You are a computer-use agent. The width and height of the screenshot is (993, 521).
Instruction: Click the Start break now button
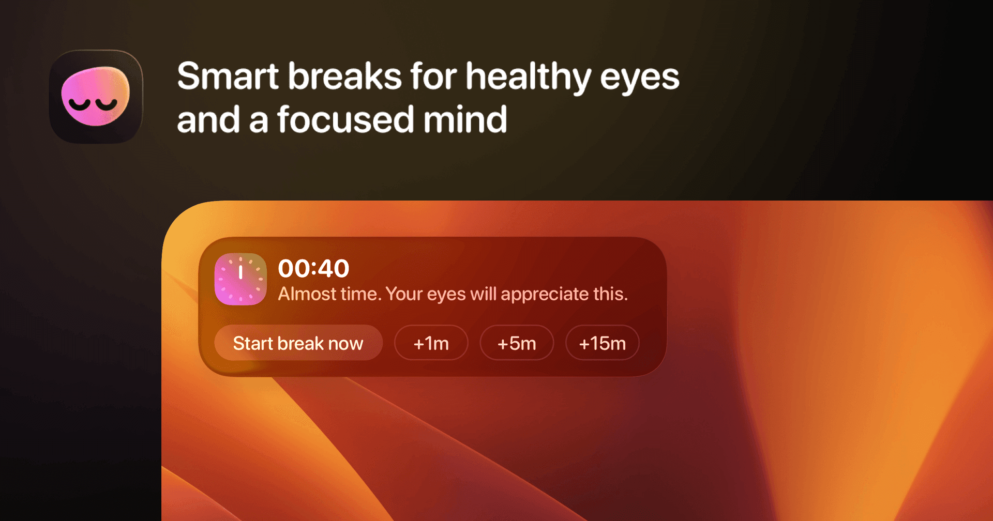(298, 343)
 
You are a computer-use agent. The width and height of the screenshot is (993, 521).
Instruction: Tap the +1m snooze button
(431, 343)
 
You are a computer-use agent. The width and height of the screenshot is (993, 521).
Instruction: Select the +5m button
(517, 343)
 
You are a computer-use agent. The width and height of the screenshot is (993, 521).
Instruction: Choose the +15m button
(603, 343)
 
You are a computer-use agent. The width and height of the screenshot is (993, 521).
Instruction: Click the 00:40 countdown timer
(313, 269)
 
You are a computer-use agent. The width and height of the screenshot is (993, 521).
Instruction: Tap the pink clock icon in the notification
(240, 279)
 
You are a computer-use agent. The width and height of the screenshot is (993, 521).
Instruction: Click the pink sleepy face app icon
(96, 97)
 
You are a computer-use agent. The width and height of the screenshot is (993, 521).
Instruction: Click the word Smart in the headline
(228, 76)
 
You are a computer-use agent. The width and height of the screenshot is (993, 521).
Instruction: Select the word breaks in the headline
(344, 76)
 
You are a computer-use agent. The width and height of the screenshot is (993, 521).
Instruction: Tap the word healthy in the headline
(528, 78)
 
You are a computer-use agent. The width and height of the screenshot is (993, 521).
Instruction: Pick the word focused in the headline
(345, 119)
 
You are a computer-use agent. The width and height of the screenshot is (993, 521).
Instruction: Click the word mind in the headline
(465, 119)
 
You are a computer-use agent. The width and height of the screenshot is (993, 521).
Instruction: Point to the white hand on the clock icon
(240, 271)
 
